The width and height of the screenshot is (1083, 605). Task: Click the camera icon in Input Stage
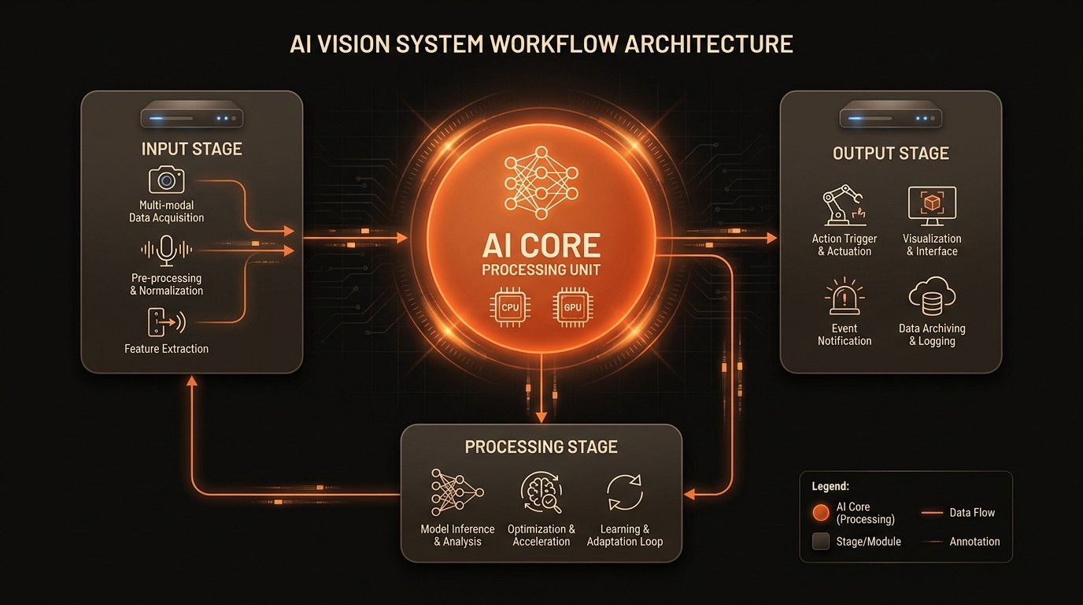[166, 180]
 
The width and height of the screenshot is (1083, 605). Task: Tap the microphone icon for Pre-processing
[166, 250]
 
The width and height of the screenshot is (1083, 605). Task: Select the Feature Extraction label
[166, 348]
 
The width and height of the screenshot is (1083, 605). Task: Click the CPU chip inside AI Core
[509, 306]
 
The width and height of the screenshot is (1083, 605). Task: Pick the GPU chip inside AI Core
[572, 306]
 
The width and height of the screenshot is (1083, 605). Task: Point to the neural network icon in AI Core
[541, 182]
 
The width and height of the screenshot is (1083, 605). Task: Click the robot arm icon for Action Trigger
[843, 206]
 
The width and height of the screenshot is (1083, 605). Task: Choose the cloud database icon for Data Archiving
[932, 298]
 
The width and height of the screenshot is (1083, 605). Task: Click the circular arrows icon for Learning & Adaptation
[625, 493]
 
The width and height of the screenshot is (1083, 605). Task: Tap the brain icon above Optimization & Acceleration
[541, 493]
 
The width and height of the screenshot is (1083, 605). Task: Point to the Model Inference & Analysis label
[457, 535]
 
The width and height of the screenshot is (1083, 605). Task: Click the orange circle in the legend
[821, 513]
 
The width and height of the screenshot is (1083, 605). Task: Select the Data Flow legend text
[972, 513]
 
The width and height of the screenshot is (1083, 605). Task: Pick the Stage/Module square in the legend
[821, 541]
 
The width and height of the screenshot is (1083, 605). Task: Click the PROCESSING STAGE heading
[541, 447]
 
